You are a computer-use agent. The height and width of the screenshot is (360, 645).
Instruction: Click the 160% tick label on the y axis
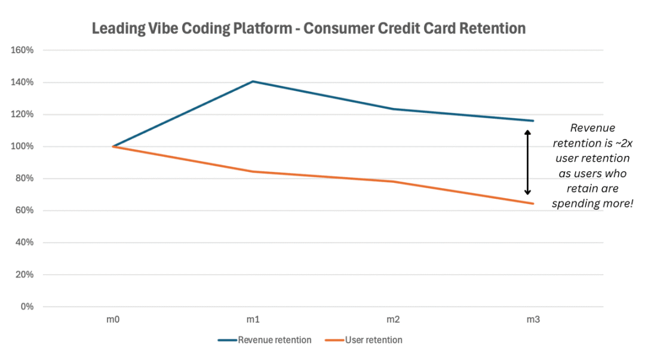click(23, 50)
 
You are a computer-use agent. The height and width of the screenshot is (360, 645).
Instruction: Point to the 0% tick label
click(27, 307)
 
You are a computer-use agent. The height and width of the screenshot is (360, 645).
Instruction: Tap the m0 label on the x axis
click(113, 320)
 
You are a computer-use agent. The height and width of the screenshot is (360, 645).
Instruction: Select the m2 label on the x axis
click(393, 320)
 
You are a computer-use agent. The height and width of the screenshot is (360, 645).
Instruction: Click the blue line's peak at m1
click(253, 81)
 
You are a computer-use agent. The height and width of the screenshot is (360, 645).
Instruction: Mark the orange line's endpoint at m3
click(533, 204)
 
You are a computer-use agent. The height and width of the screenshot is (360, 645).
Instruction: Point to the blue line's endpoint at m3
click(533, 121)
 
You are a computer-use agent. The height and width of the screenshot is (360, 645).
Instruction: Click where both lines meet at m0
click(113, 146)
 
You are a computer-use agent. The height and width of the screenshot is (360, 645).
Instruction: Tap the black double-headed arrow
click(527, 162)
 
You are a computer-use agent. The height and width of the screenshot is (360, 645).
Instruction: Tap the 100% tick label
click(23, 146)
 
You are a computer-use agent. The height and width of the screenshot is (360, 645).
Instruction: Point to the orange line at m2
click(393, 181)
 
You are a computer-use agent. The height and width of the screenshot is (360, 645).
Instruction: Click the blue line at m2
click(393, 109)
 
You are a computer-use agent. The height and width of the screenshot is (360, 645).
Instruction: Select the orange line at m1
click(253, 172)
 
